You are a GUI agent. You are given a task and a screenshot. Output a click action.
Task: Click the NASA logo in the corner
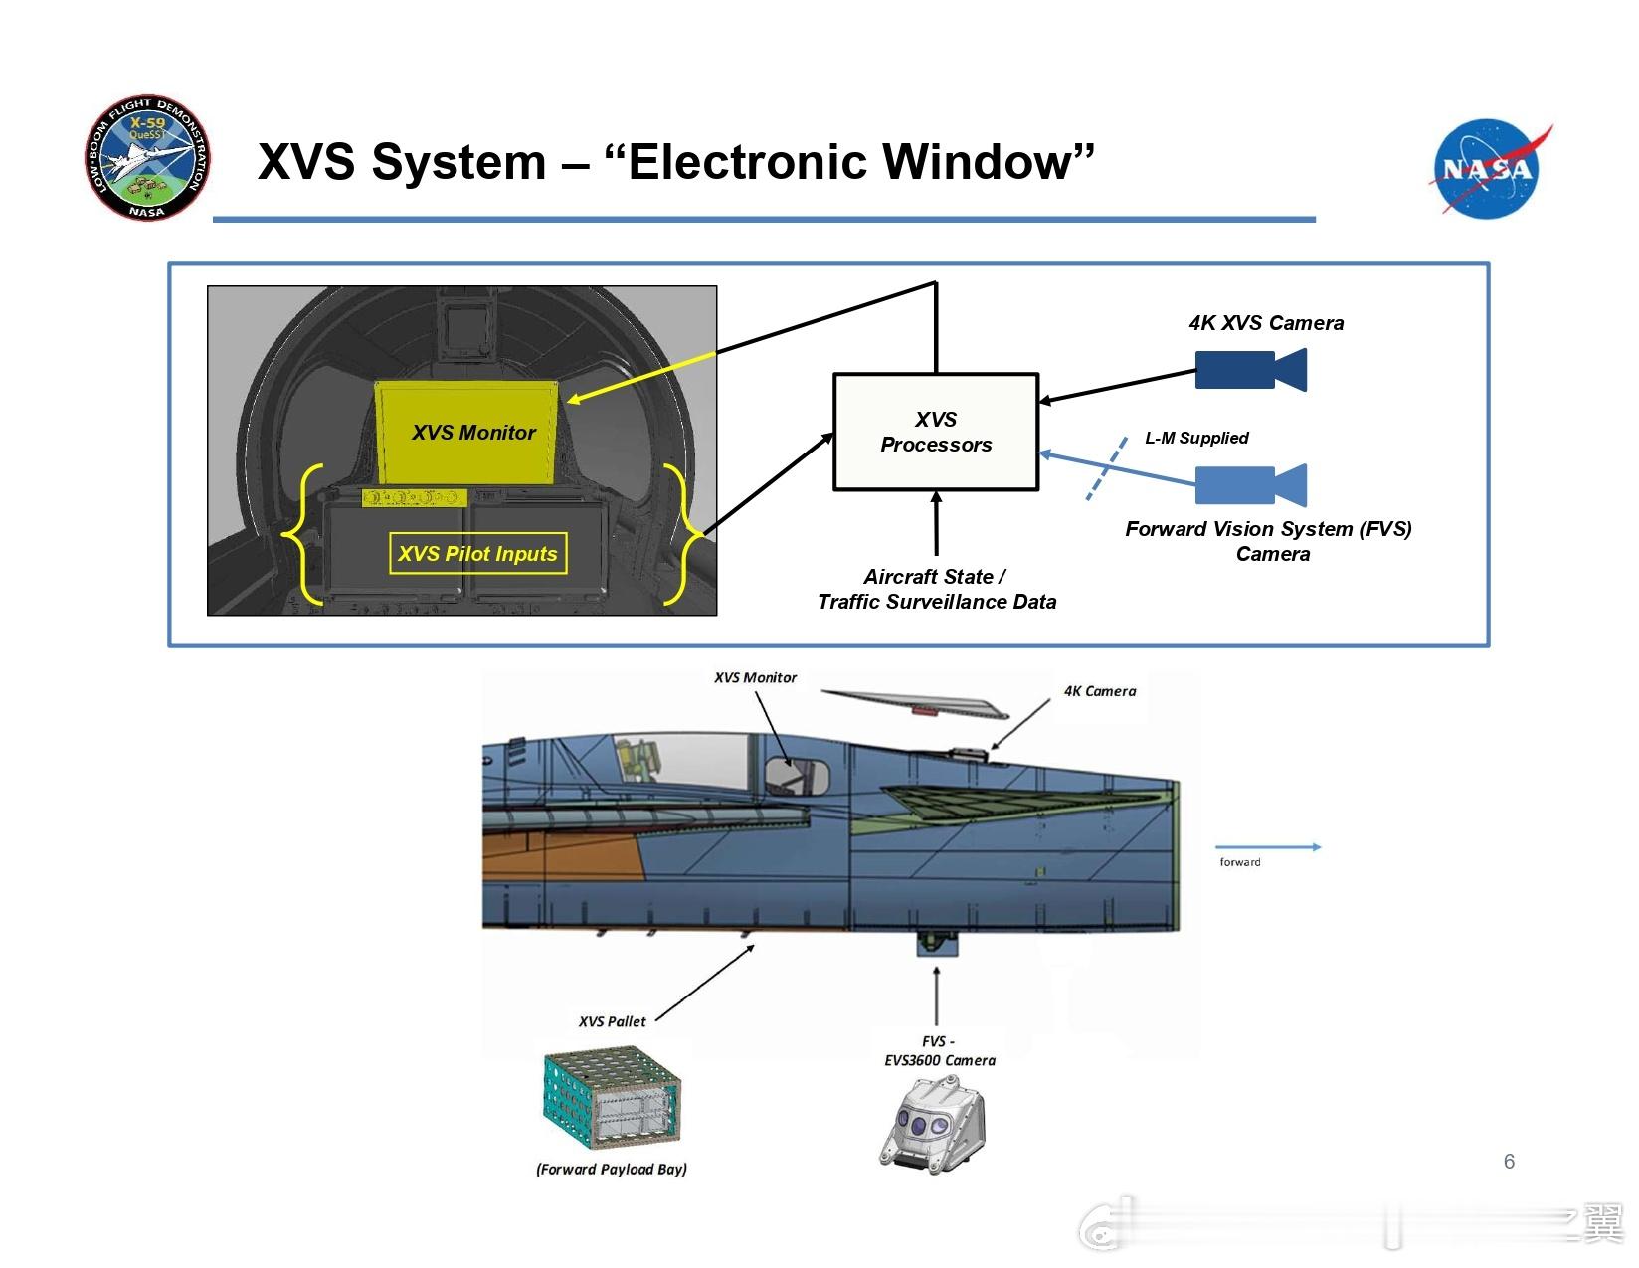point(1488,167)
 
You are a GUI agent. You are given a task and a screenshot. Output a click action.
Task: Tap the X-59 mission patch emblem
point(148,157)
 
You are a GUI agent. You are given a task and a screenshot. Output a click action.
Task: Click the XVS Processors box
point(935,432)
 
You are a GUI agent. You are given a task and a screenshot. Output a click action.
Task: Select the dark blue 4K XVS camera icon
point(1249,370)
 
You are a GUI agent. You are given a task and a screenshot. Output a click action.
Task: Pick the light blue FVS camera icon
point(1249,485)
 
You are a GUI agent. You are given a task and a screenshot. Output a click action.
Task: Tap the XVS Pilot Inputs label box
point(477,554)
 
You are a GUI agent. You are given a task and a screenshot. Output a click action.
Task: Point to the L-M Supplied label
point(1196,438)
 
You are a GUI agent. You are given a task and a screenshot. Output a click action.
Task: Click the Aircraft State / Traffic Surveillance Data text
point(936,589)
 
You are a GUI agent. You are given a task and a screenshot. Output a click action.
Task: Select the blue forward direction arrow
point(1269,847)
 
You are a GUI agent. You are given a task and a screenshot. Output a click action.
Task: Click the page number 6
point(1509,1162)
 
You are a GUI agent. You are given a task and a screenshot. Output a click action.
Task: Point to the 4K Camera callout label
point(1099,691)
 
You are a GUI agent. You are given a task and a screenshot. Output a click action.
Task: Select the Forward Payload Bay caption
point(611,1170)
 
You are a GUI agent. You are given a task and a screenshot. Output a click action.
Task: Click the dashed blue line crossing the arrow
point(1106,468)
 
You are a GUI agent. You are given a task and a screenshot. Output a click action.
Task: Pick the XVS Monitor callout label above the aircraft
point(755,678)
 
